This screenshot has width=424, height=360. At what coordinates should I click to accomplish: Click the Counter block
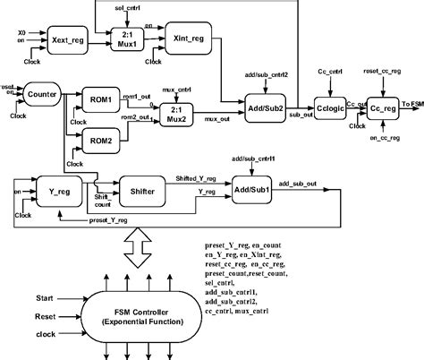[x=42, y=93]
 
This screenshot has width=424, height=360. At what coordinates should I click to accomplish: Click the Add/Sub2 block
[x=267, y=107]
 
